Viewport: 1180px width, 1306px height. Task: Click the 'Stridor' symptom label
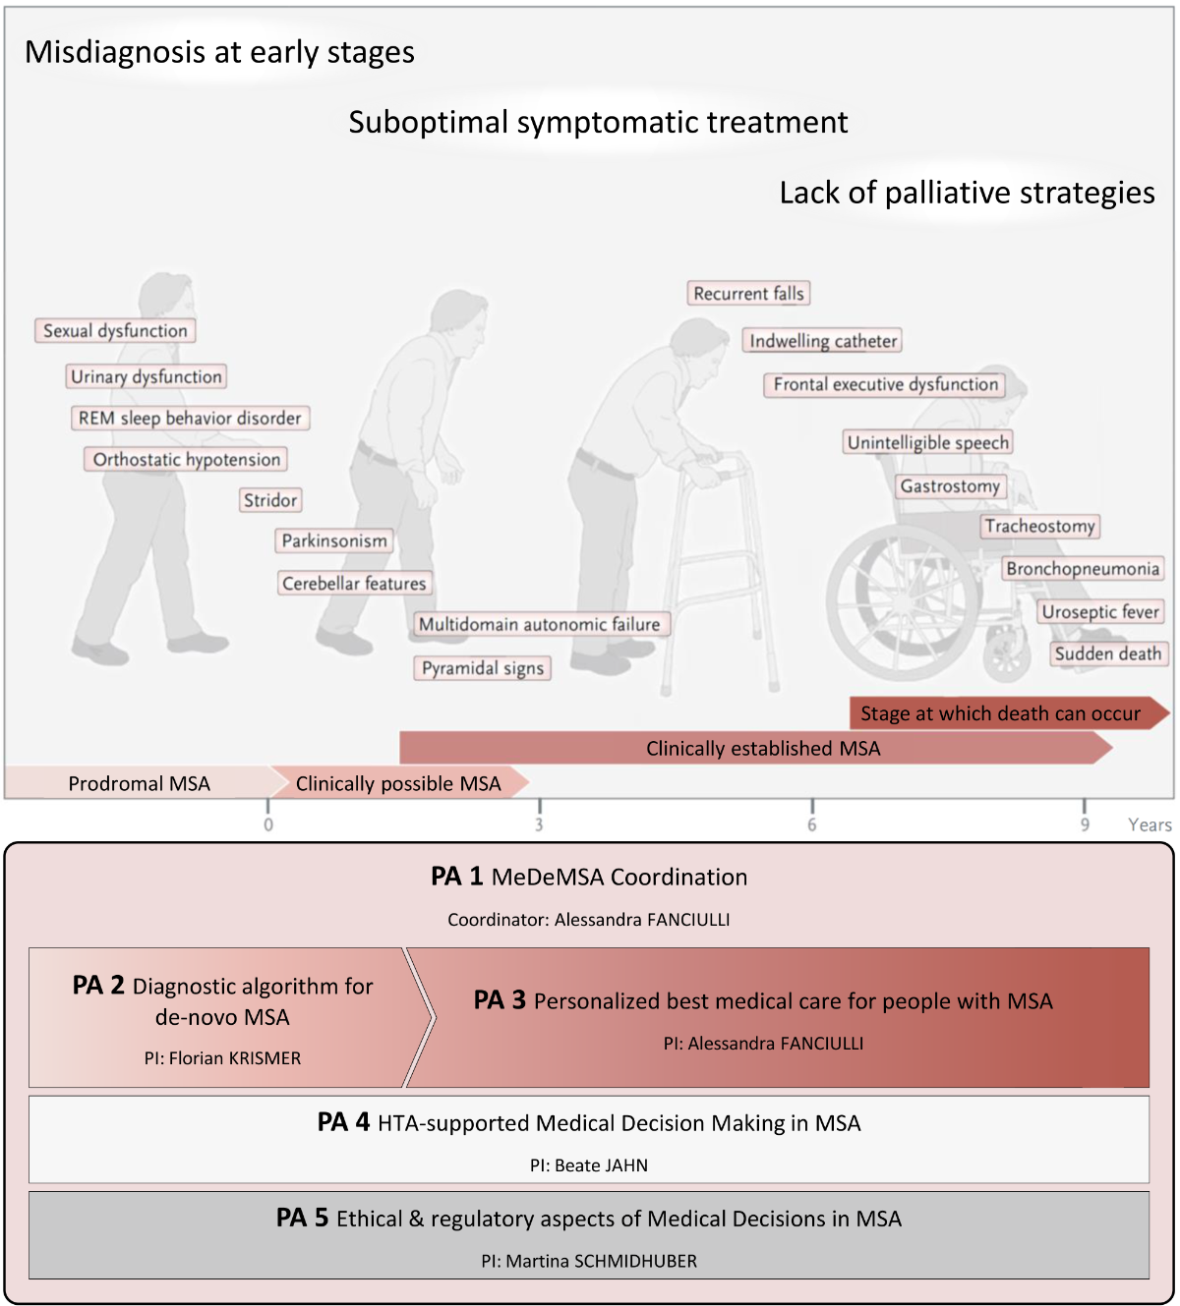click(270, 500)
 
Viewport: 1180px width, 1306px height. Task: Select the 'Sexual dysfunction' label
click(115, 331)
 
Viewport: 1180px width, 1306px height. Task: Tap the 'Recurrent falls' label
click(748, 294)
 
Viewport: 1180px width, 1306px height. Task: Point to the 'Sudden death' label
click(1108, 653)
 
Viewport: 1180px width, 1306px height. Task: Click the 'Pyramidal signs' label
click(482, 668)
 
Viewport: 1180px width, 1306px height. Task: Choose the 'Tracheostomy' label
click(1039, 526)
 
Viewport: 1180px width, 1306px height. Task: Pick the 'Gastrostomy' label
click(950, 485)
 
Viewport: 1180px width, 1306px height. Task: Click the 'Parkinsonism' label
click(334, 540)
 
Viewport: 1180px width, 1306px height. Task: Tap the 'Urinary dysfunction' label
click(147, 376)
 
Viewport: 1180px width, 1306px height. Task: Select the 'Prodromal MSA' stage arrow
click(139, 783)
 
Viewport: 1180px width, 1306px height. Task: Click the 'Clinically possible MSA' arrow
click(398, 783)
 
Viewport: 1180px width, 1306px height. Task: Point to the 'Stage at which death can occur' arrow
click(1001, 713)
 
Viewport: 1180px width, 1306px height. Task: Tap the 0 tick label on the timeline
click(268, 824)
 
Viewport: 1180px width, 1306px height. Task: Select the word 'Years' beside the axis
click(1150, 825)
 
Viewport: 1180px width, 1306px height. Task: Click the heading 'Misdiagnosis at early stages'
click(219, 52)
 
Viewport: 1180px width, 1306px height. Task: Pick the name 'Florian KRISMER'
click(235, 1058)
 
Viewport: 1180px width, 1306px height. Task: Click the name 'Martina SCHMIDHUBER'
click(602, 1261)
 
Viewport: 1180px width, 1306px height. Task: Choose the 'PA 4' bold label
click(343, 1122)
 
